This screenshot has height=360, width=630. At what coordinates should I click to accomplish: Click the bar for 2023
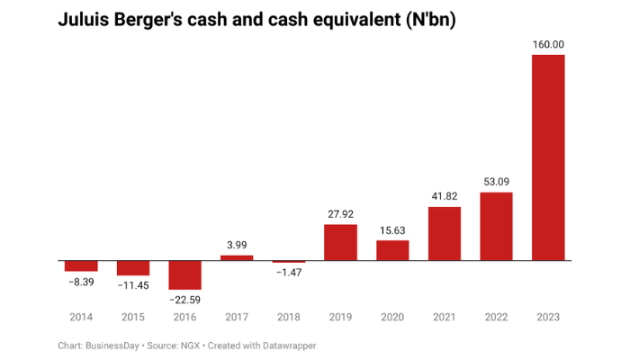pyautogui.click(x=548, y=157)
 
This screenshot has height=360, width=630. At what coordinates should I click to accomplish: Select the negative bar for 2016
pyautogui.click(x=184, y=274)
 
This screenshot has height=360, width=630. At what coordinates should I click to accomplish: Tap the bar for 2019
pyautogui.click(x=340, y=242)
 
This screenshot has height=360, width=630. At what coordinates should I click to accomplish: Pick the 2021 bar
pyautogui.click(x=445, y=233)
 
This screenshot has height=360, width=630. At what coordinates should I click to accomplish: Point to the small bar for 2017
pyautogui.click(x=237, y=257)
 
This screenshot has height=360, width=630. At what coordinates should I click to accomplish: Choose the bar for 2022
pyautogui.click(x=496, y=226)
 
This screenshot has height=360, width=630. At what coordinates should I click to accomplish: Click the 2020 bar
pyautogui.click(x=392, y=250)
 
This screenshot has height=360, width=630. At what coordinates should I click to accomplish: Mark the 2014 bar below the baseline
pyautogui.click(x=81, y=265)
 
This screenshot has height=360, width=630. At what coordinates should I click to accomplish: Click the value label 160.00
pyautogui.click(x=548, y=44)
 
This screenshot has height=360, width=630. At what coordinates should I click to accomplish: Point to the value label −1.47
pyautogui.click(x=289, y=274)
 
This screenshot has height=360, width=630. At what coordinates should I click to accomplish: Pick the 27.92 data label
pyautogui.click(x=340, y=214)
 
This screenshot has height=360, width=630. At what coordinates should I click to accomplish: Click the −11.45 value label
pyautogui.click(x=133, y=286)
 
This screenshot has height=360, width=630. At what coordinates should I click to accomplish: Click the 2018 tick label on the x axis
pyautogui.click(x=289, y=317)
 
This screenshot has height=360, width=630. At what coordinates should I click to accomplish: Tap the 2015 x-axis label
pyautogui.click(x=133, y=317)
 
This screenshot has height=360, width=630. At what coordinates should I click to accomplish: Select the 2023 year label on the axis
pyautogui.click(x=548, y=317)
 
